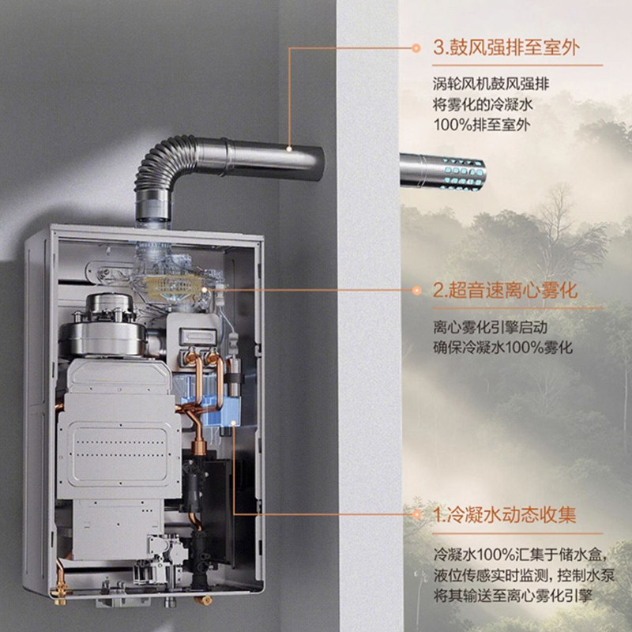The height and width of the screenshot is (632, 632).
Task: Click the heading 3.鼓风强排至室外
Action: pyautogui.click(x=506, y=47)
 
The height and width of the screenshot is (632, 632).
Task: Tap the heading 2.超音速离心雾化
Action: pyautogui.click(x=505, y=291)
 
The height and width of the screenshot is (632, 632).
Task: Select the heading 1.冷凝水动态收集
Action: pyautogui.click(x=505, y=516)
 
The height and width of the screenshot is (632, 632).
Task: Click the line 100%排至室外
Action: pyautogui.click(x=481, y=125)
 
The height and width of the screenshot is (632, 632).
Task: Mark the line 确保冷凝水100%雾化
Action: pyautogui.click(x=503, y=348)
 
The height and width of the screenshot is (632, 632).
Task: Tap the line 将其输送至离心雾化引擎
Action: pyautogui.click(x=513, y=595)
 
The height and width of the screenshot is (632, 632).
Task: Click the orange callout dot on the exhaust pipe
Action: pyautogui.click(x=291, y=148)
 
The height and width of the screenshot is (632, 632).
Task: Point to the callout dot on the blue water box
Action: pyautogui.click(x=236, y=427)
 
